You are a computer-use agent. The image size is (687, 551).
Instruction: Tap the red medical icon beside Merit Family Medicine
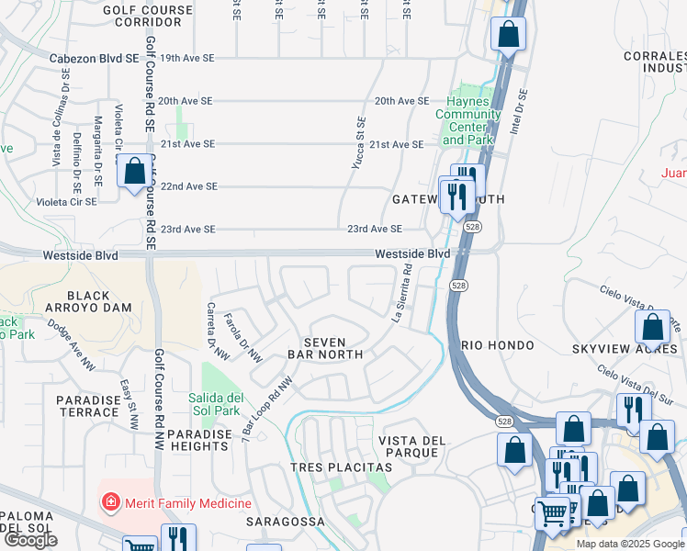point(111,502)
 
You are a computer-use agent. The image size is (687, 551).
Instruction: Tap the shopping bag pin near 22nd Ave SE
point(135,172)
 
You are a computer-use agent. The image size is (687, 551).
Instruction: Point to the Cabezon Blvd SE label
point(94,58)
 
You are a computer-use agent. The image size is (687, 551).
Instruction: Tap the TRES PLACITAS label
point(341,467)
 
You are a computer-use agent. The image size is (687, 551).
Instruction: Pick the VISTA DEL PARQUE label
point(412,447)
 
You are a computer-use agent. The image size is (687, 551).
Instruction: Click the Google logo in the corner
point(30,540)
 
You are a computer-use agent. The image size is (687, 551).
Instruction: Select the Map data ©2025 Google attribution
point(630,544)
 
